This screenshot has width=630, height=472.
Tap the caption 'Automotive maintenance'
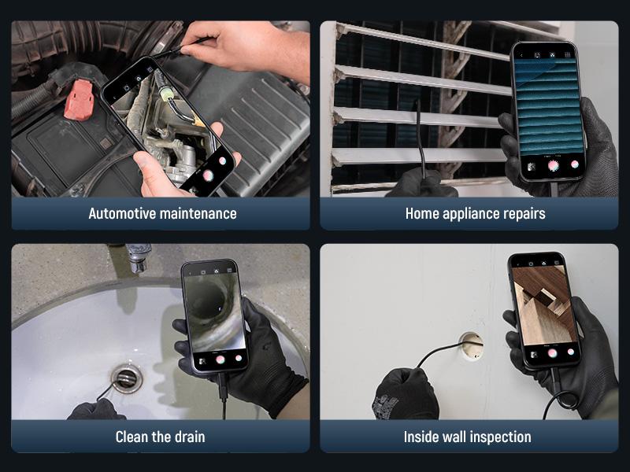click(162, 213)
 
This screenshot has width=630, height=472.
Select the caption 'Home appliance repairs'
click(475, 213)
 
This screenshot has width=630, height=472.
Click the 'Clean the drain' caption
click(160, 437)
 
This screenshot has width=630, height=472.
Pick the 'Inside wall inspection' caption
click(467, 437)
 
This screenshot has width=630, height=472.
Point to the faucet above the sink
click(138, 256)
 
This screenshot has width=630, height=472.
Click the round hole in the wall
click(471, 343)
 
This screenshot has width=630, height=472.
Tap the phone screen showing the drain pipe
click(213, 311)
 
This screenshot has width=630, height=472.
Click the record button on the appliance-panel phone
click(553, 165)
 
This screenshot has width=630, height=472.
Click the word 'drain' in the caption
click(188, 437)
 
